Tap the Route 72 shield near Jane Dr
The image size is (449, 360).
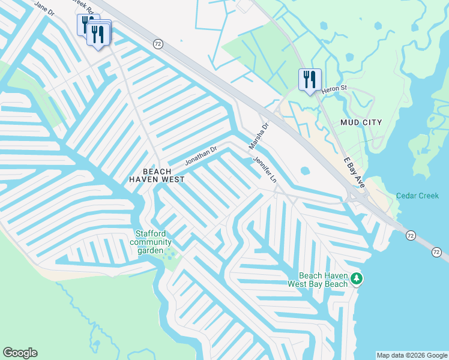(x=158, y=44)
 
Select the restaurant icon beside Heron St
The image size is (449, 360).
(x=310, y=80)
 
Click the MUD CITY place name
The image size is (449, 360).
(x=361, y=122)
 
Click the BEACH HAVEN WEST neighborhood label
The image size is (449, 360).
(x=155, y=175)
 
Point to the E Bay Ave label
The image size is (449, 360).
(x=355, y=173)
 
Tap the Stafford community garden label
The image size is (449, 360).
(x=151, y=242)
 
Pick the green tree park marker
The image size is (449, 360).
(x=357, y=278)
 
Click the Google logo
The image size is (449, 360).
(x=20, y=353)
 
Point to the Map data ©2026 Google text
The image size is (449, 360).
(x=411, y=355)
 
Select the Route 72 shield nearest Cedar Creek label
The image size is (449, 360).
(x=410, y=235)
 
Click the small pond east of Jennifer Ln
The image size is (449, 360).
(x=305, y=170)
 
